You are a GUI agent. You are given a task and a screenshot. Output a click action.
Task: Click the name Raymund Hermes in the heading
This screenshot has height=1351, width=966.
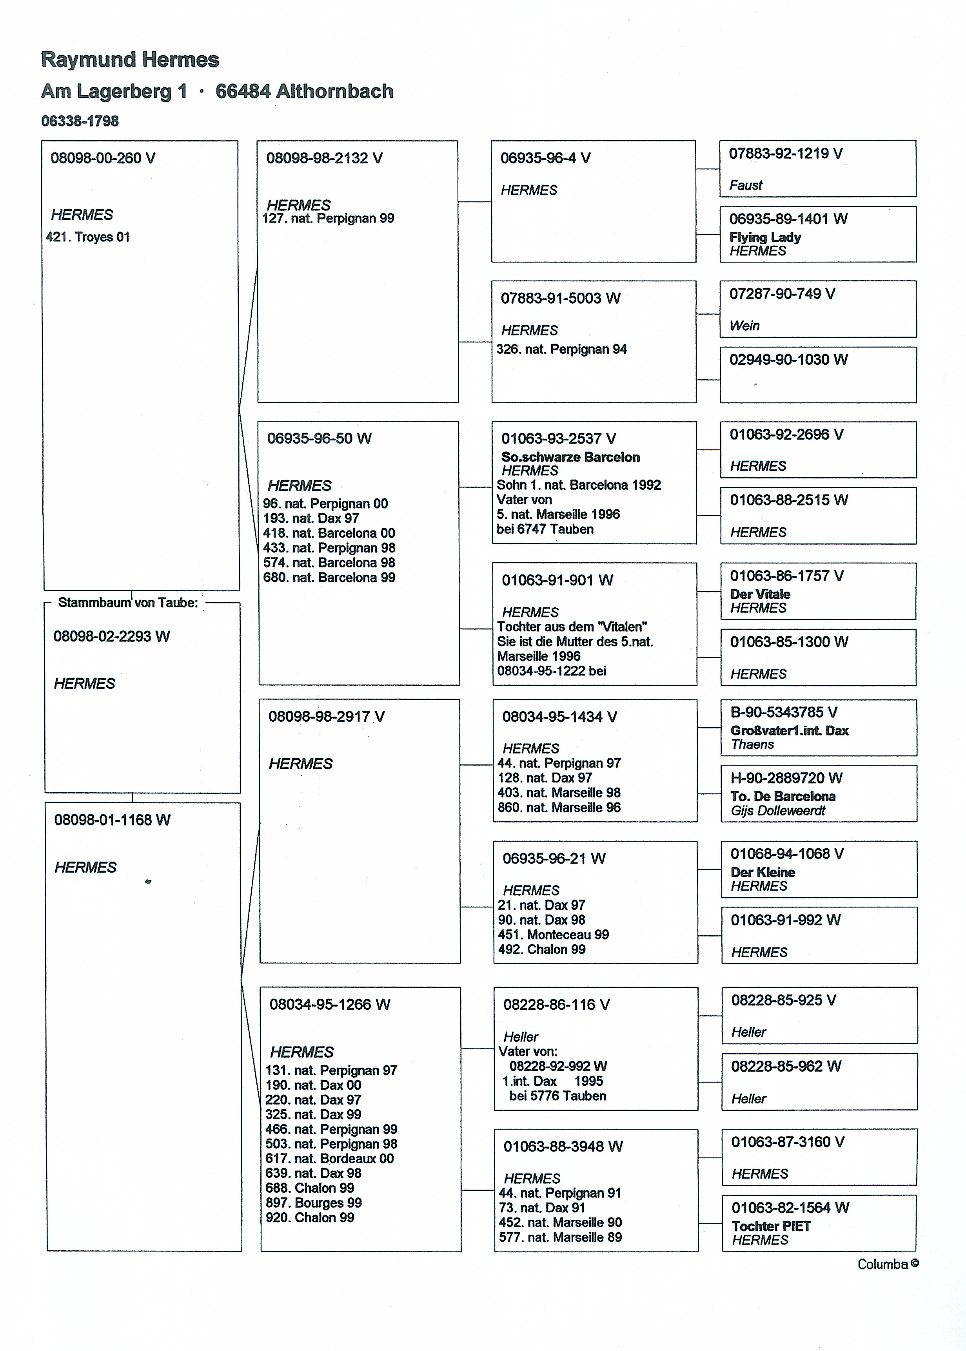pyautogui.click(x=130, y=60)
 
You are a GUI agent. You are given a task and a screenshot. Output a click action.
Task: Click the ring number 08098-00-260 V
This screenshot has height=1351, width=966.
pyautogui.click(x=102, y=158)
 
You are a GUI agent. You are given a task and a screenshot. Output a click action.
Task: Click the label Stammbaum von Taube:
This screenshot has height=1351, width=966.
pyautogui.click(x=127, y=603)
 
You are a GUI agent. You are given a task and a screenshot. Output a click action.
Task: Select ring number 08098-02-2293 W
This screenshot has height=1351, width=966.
pyautogui.click(x=111, y=637)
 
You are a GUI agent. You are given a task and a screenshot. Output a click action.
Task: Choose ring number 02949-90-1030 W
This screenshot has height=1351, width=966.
pyautogui.click(x=788, y=360)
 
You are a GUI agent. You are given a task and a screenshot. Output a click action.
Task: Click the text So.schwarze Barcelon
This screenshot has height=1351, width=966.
pyautogui.click(x=570, y=457)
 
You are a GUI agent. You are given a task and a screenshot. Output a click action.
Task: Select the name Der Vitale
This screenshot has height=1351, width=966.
pyautogui.click(x=760, y=594)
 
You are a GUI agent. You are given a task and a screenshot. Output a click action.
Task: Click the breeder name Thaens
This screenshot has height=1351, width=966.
pyautogui.click(x=752, y=745)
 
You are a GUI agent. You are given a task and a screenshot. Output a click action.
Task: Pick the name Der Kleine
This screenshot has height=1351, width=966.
pyautogui.click(x=763, y=873)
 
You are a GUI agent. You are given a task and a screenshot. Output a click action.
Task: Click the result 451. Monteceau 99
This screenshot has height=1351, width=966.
pyautogui.click(x=553, y=934)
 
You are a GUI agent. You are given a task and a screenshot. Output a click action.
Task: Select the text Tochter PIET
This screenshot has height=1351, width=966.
pyautogui.click(x=771, y=1226)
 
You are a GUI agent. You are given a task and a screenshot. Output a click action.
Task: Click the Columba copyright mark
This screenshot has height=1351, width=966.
pyautogui.click(x=888, y=1264)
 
